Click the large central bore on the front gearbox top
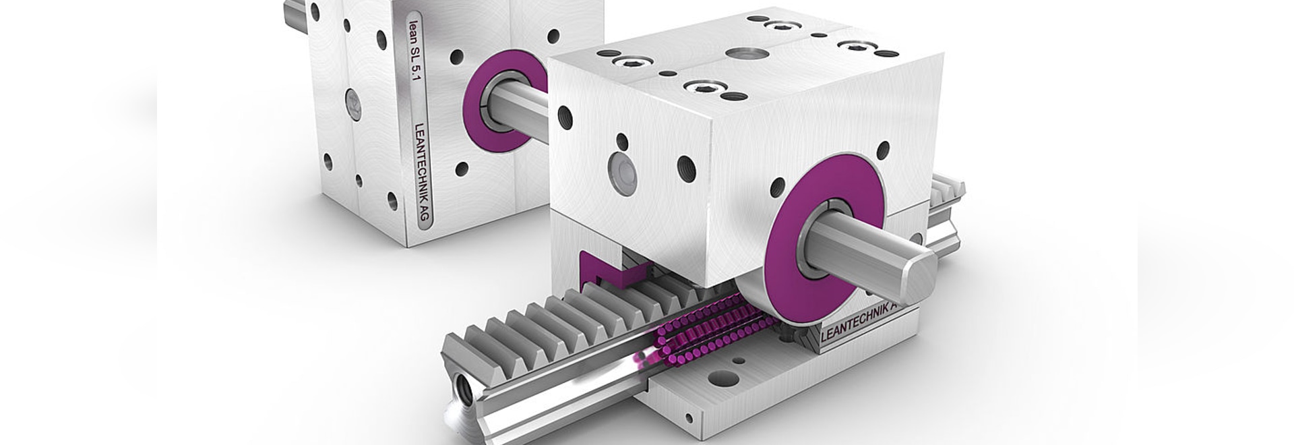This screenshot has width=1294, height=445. pos(743,55)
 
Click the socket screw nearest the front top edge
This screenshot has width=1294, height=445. pos(702,87)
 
